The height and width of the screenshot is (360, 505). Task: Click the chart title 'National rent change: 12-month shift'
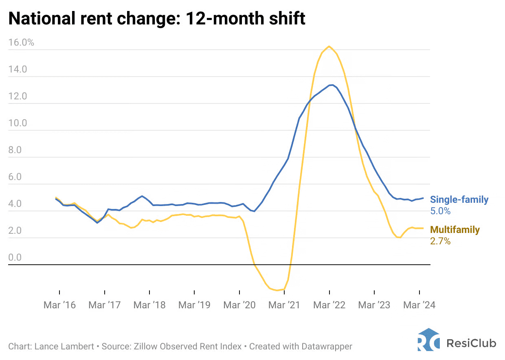(x=157, y=18)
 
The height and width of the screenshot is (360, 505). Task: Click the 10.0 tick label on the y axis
(x=18, y=123)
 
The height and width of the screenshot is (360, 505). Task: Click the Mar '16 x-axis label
(x=59, y=305)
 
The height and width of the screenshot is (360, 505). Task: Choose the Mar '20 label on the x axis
(x=239, y=305)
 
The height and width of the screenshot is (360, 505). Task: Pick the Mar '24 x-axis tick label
(x=419, y=305)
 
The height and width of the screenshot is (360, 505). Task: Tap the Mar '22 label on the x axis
(x=329, y=305)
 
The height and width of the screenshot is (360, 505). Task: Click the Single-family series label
(x=459, y=200)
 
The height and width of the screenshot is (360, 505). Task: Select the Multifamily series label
(x=455, y=230)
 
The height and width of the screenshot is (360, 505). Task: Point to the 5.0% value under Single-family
(x=440, y=211)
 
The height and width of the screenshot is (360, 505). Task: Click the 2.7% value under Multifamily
(x=440, y=241)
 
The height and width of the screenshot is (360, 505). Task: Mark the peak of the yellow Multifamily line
(x=329, y=46)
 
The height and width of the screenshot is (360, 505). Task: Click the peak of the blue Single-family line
(x=332, y=85)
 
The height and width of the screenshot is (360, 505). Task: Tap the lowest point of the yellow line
(x=277, y=290)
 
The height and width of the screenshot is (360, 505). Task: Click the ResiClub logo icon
(x=428, y=340)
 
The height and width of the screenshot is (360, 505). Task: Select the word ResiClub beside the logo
(x=471, y=343)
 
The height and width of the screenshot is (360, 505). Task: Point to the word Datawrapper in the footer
(x=327, y=347)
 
